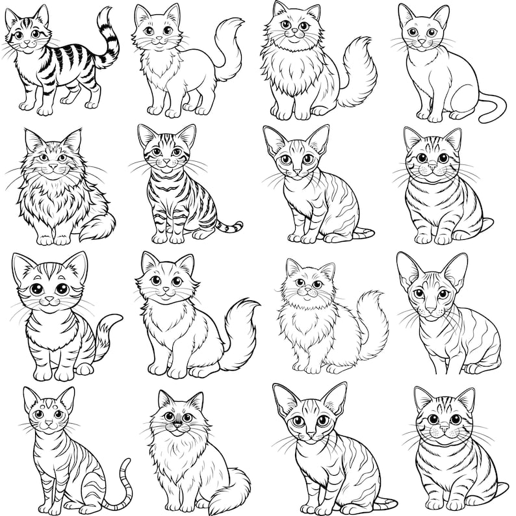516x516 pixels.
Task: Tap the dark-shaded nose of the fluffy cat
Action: (x=175, y=426)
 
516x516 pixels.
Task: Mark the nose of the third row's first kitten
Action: (x=49, y=300)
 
